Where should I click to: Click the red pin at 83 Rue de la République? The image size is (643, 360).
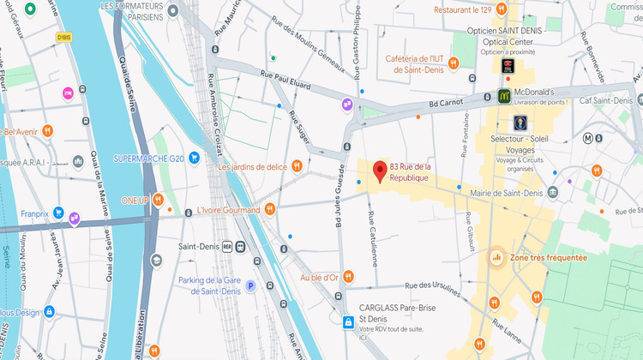[x=379, y=171]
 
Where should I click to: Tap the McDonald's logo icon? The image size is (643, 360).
[x=506, y=96]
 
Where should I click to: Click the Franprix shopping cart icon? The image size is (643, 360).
[x=58, y=212]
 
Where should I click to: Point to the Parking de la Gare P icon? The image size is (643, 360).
[x=250, y=286]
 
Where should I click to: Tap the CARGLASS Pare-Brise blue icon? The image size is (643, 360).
[x=347, y=322]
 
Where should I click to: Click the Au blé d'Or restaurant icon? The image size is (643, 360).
[x=343, y=278]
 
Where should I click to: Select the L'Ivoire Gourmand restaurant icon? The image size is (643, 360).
[x=270, y=208]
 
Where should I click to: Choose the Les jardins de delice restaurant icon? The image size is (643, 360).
[x=297, y=165]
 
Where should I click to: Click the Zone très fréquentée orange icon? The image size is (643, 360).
[x=496, y=257]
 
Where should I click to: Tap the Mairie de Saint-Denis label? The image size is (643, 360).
[x=506, y=193]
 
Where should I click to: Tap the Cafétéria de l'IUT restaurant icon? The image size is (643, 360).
[x=454, y=63]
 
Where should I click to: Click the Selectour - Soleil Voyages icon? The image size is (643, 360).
[x=520, y=123]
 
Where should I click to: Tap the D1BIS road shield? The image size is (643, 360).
[x=64, y=37]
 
